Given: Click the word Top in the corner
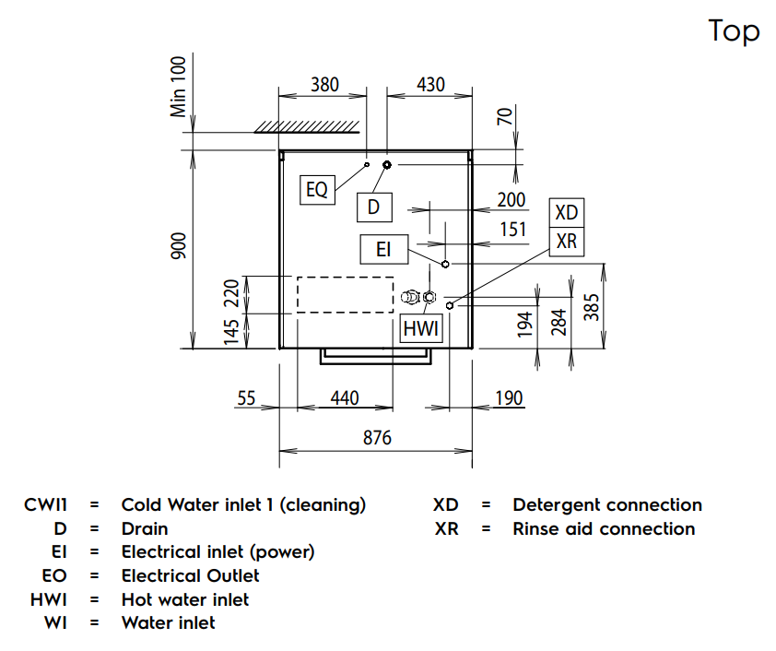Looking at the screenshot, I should pos(735,30).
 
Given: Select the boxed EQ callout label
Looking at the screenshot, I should pos(317,190).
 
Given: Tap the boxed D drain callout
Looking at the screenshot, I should pos(373,207).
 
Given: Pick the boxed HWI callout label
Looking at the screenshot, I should pos(422,328).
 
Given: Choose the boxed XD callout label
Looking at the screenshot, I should pos(567,213).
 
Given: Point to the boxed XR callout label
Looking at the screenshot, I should pos(567,240).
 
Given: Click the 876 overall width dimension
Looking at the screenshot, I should pos(376,438).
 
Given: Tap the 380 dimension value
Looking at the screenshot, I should pos(324,85).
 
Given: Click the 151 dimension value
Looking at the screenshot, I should pos(512,228).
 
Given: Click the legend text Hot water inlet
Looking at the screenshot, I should pos(185,599).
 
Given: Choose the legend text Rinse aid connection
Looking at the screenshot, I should pos(604,528).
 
